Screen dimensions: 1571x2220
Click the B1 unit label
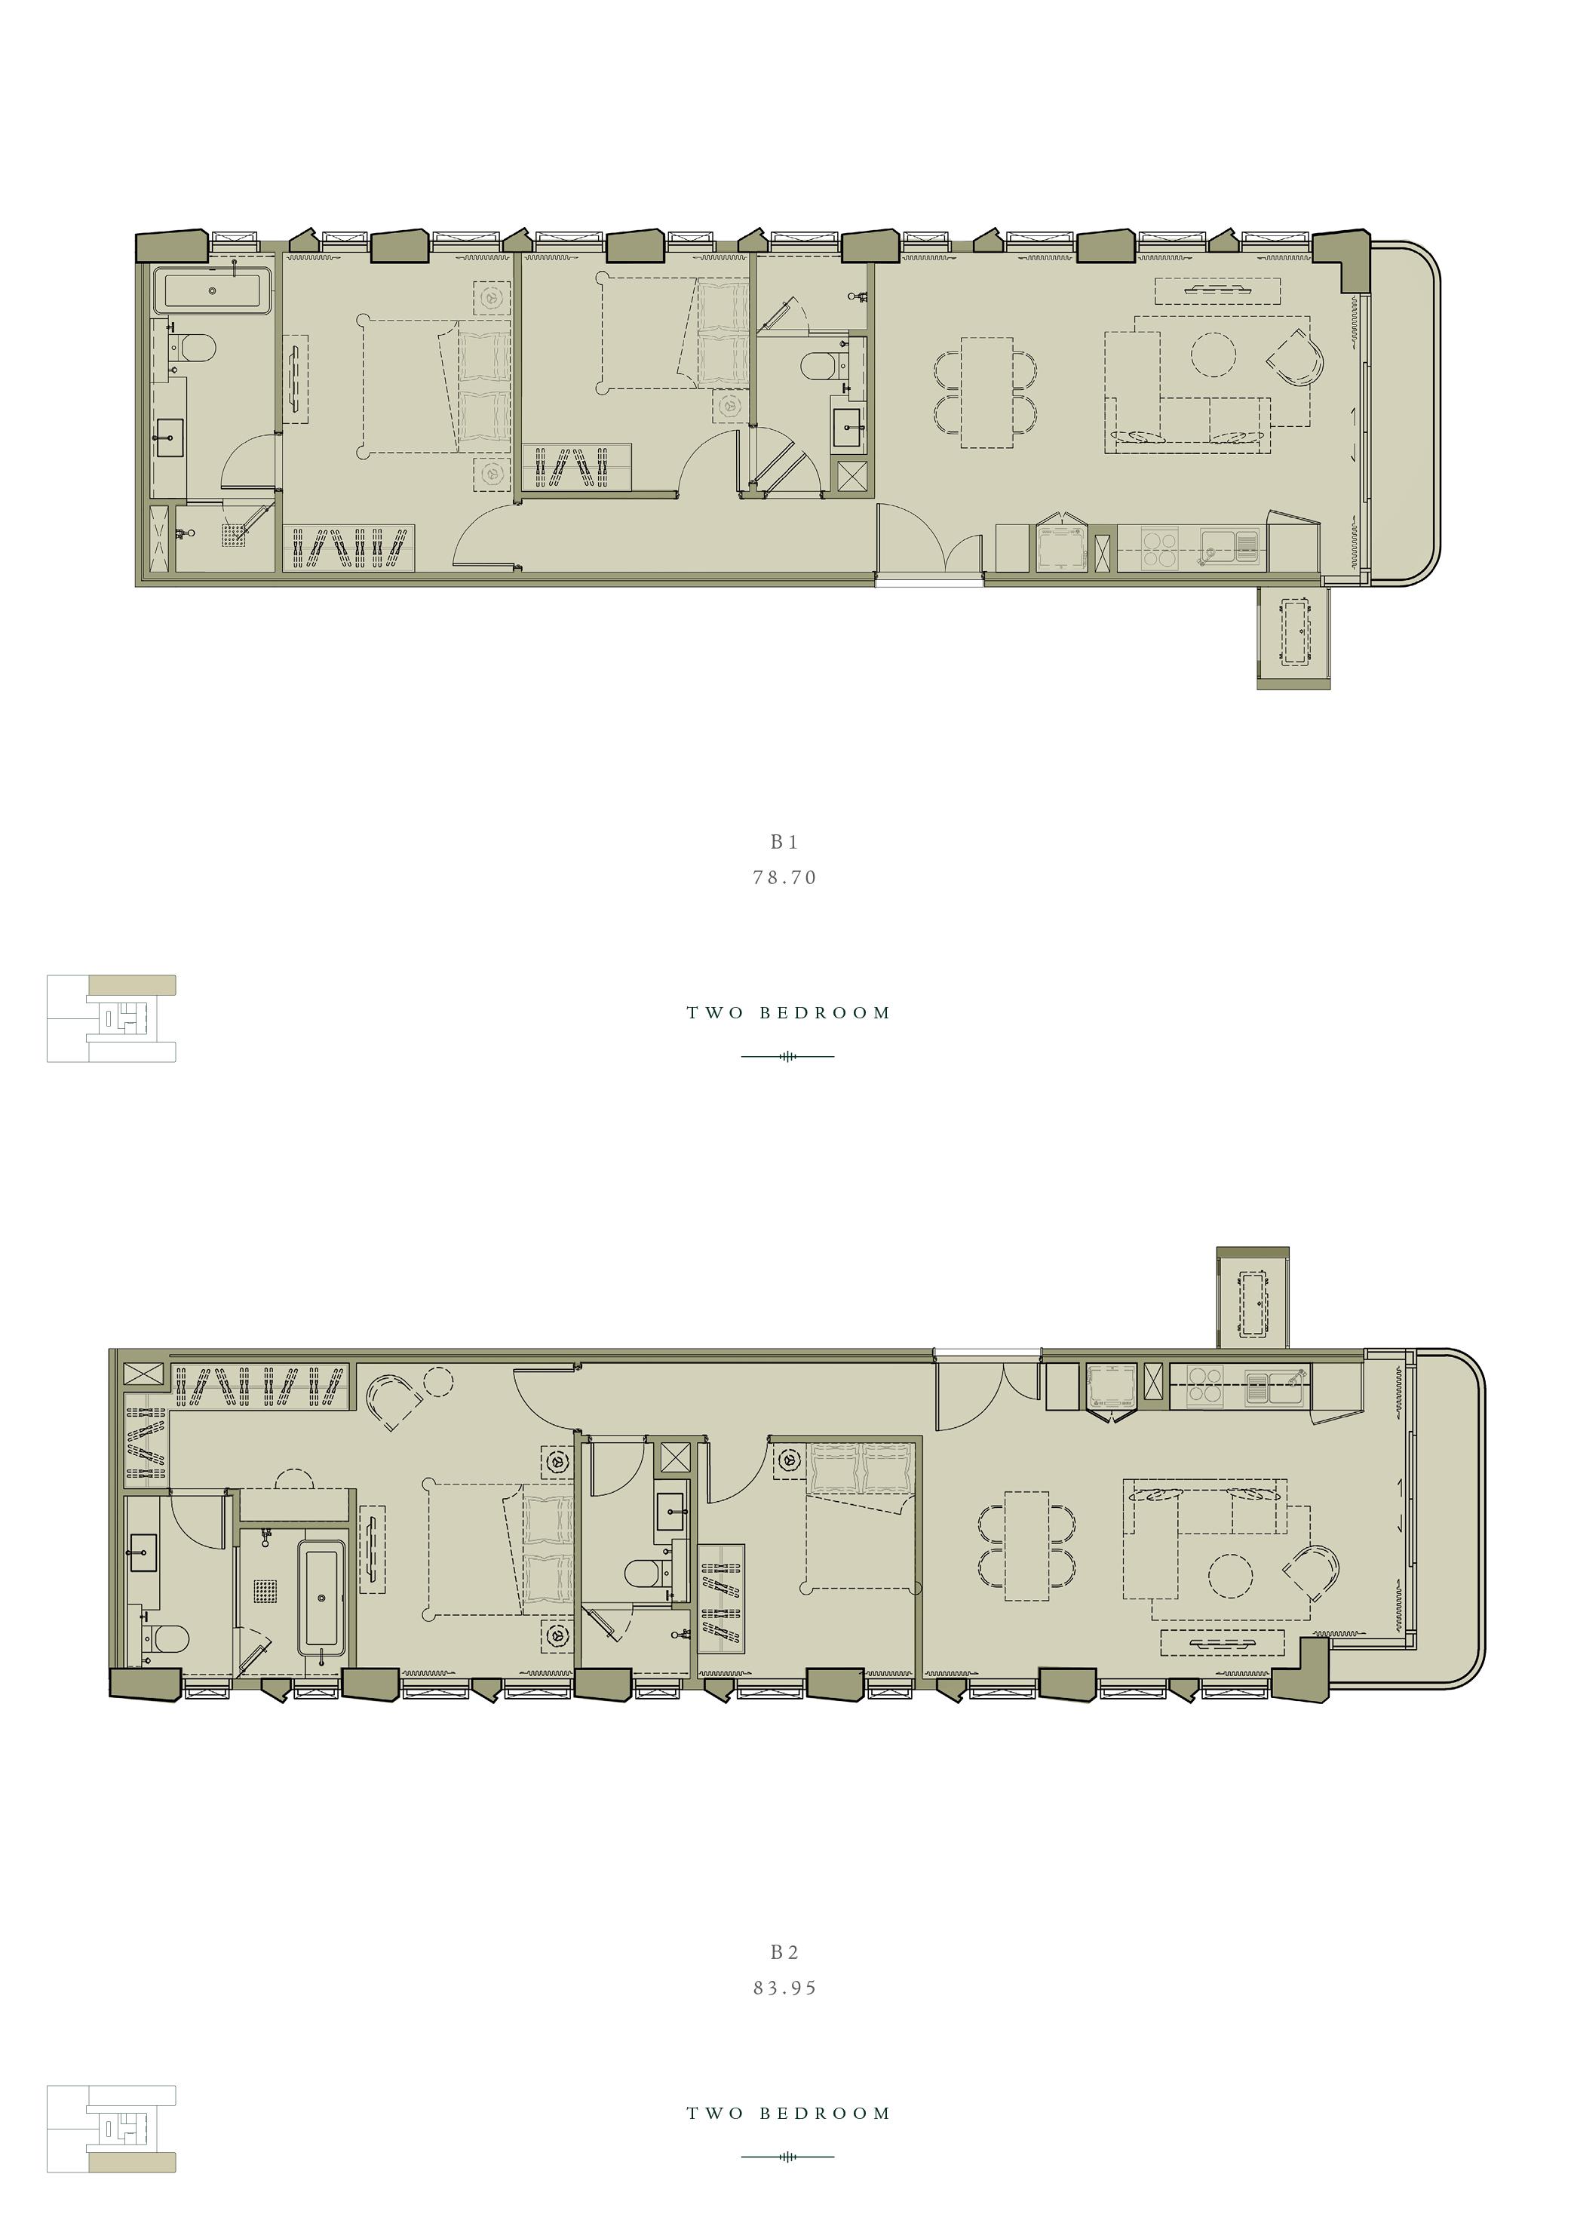click(784, 843)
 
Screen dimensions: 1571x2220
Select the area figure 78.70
click(784, 877)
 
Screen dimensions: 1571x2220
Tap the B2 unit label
click(784, 1953)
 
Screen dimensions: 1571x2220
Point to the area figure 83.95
click(784, 1988)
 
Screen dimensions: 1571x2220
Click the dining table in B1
click(986, 391)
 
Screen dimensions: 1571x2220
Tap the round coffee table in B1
click(1213, 354)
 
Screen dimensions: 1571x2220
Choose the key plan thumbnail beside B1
click(112, 1018)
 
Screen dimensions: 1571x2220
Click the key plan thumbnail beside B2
click(112, 2128)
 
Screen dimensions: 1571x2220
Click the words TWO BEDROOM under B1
click(787, 1013)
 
